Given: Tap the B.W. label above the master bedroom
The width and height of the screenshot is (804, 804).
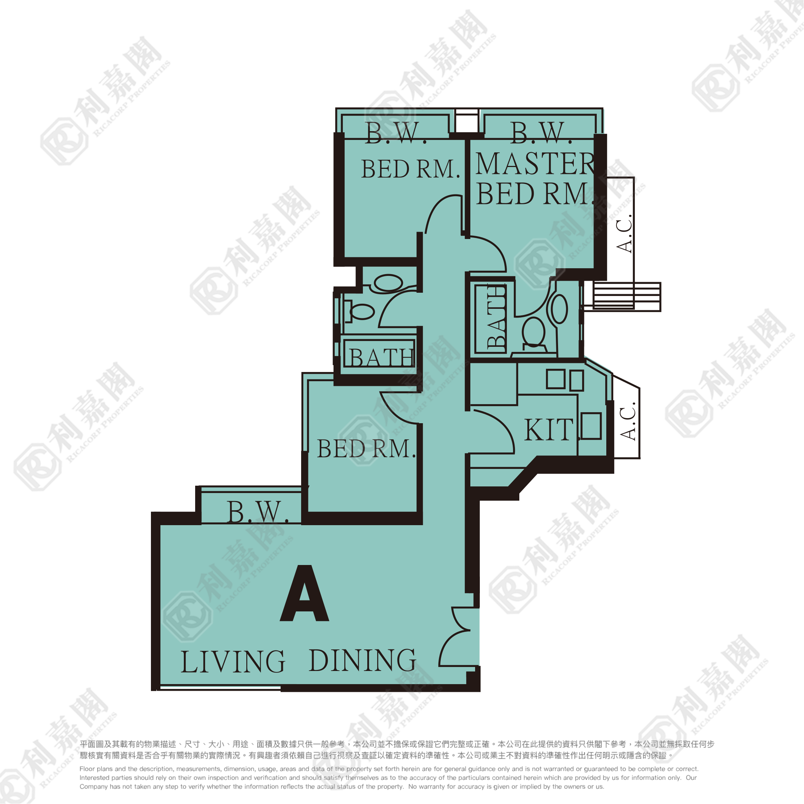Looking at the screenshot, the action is pos(541,133).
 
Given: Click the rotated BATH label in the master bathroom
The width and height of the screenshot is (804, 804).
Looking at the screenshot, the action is pos(496,317).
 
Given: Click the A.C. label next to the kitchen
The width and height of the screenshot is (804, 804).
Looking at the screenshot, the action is pos(628,421).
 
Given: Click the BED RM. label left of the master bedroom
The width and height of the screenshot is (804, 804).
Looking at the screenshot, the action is pos(410,169).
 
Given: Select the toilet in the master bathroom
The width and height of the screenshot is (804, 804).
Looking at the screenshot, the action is pos(534,333).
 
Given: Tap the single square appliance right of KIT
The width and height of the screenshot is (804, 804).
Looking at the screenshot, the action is pos(591,426).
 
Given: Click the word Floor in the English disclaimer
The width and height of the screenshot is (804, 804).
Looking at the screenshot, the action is pos(87,769).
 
